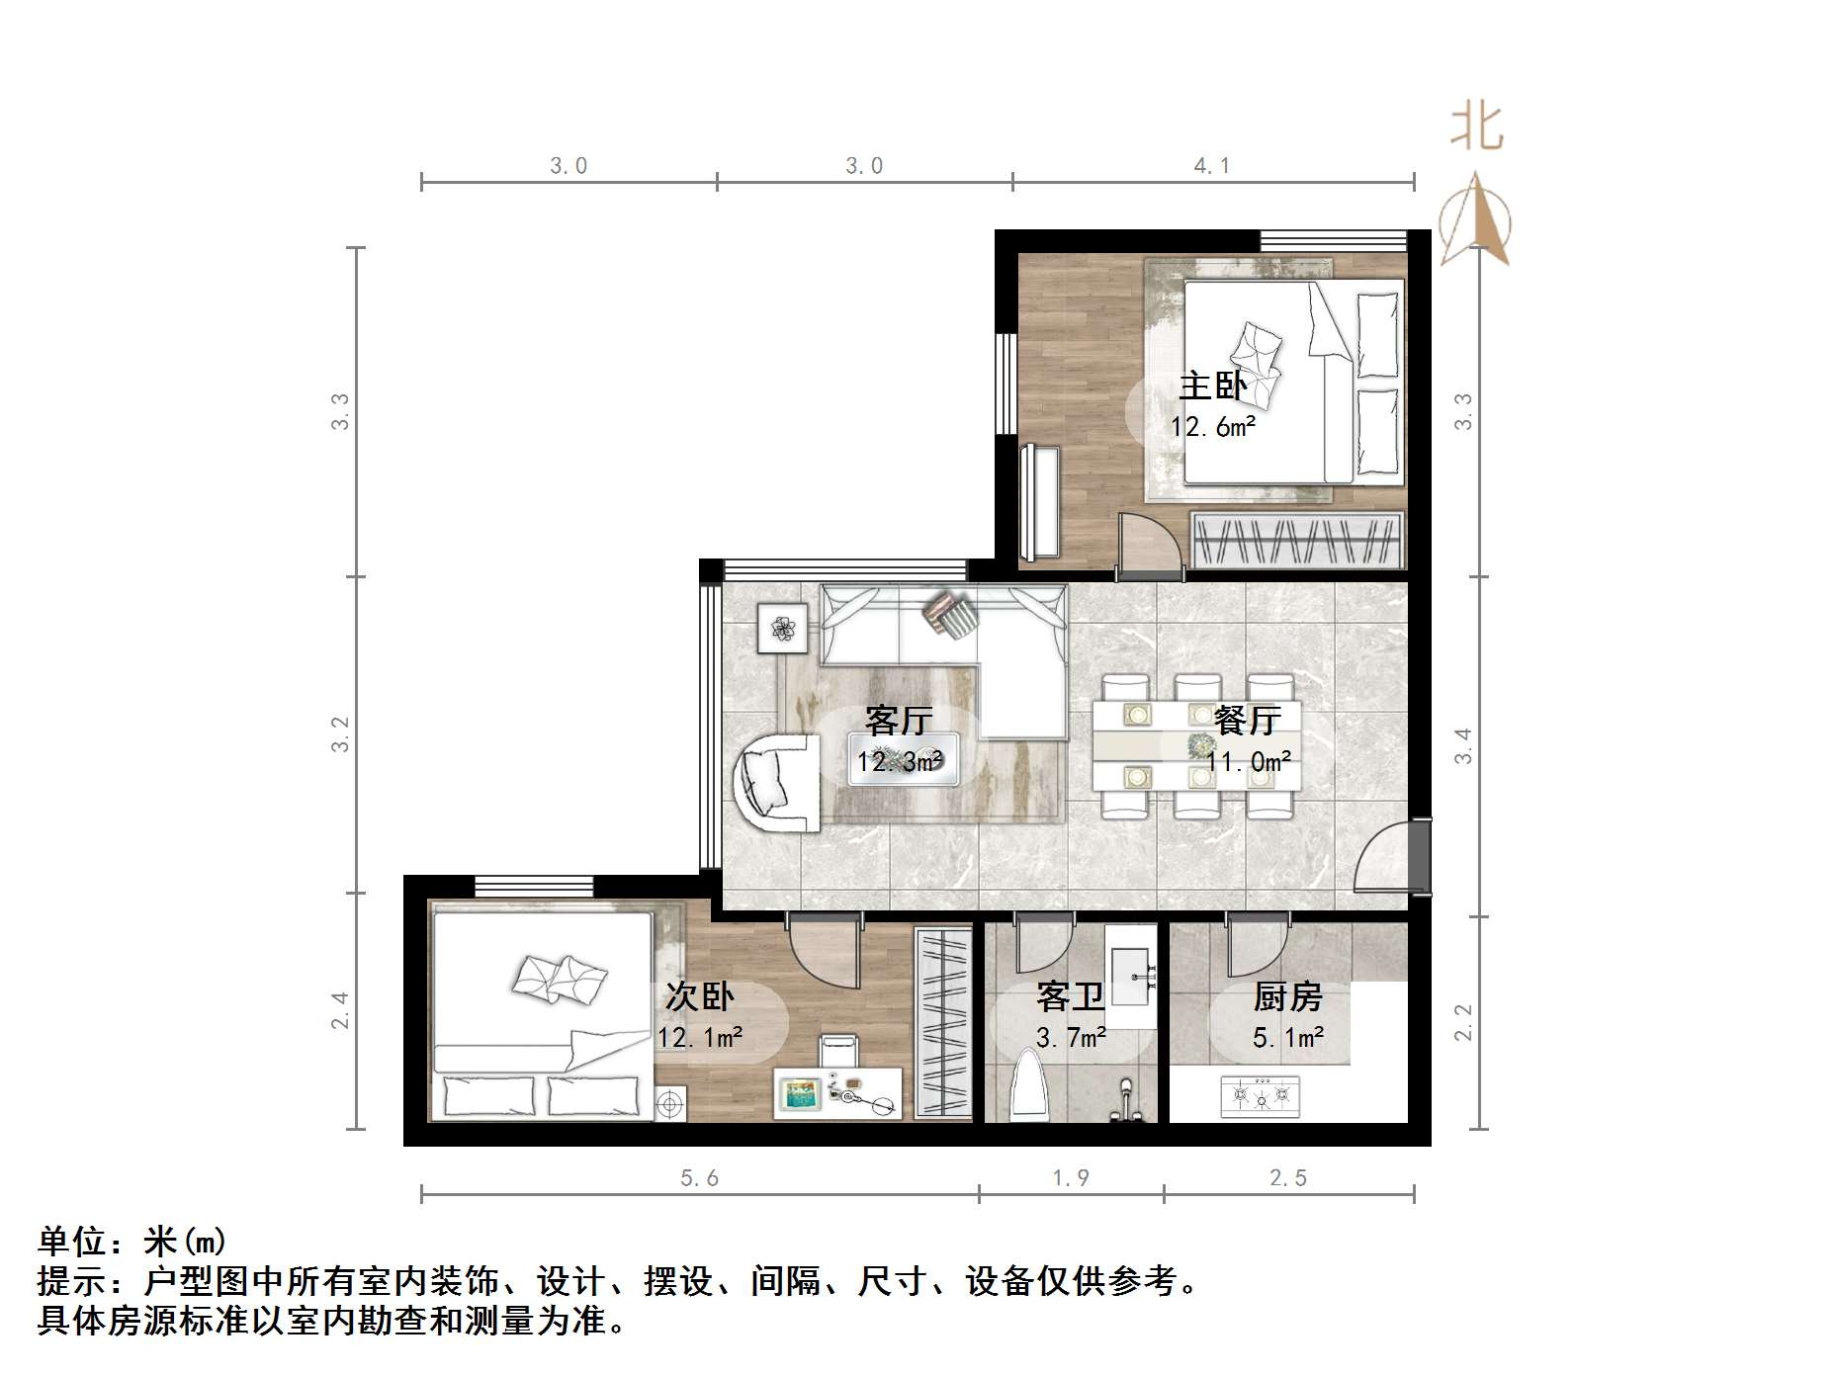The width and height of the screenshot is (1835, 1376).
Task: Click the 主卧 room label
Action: click(x=1212, y=386)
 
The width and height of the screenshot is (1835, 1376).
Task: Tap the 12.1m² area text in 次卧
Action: click(x=700, y=1037)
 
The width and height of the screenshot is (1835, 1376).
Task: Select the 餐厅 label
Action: click(x=1248, y=720)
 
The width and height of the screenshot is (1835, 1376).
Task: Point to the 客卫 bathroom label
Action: click(x=1069, y=996)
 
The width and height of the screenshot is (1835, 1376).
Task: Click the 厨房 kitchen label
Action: click(x=1287, y=996)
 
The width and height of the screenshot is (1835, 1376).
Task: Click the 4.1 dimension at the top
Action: click(x=1212, y=166)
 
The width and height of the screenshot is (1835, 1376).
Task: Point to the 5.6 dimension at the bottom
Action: click(x=699, y=1178)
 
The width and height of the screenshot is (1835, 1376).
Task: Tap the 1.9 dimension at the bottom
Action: click(x=1071, y=1178)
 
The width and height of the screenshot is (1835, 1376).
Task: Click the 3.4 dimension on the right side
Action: click(x=1463, y=745)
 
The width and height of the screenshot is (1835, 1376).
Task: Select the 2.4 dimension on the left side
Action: click(x=340, y=1010)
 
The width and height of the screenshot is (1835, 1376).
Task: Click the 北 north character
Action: click(x=1476, y=129)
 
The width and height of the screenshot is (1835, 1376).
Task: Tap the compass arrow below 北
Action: click(x=1475, y=221)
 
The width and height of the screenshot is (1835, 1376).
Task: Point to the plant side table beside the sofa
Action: click(x=782, y=628)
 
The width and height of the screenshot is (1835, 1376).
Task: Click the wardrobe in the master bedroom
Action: click(x=1297, y=541)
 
